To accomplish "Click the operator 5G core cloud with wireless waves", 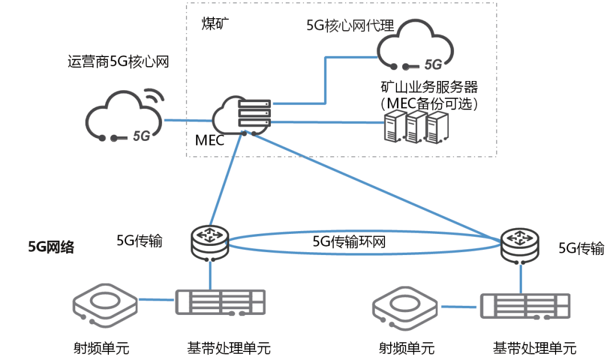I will click(x=122, y=116).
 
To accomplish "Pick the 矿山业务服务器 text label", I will click(x=429, y=87).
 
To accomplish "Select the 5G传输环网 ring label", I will click(x=349, y=241).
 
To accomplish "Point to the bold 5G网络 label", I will click(x=51, y=247).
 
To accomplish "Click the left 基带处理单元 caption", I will click(x=228, y=347).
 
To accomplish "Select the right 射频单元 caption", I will click(x=407, y=347).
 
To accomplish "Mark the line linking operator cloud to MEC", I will click(x=188, y=120).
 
